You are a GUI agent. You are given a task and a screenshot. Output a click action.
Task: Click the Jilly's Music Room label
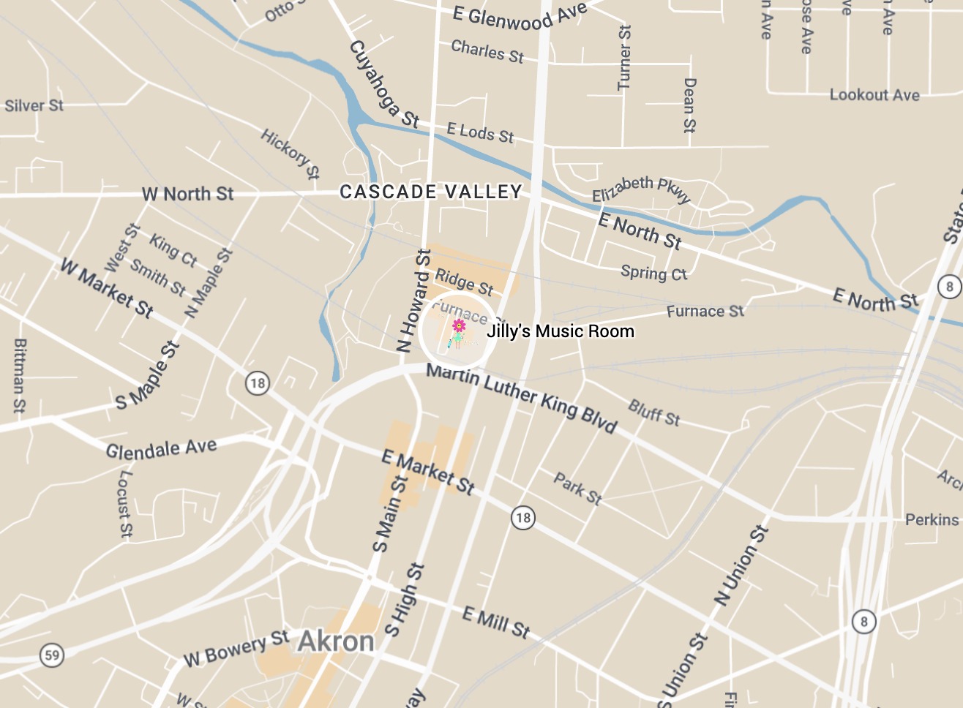pyautogui.click(x=561, y=331)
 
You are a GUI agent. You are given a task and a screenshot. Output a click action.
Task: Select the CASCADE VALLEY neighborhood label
pyautogui.click(x=431, y=192)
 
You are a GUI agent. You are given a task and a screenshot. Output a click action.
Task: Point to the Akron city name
pyautogui.click(x=337, y=641)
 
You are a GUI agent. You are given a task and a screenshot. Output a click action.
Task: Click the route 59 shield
pyautogui.click(x=52, y=655)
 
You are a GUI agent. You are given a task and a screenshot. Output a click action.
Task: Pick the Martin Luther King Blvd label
pyautogui.click(x=522, y=398)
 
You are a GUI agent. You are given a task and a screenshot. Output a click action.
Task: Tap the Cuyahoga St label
pyautogui.click(x=384, y=84)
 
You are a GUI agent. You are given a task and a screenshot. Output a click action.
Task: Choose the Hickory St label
pyautogui.click(x=291, y=154)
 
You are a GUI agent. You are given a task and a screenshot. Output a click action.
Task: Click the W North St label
pyautogui.click(x=187, y=194)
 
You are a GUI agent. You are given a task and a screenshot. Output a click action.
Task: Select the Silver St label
pyautogui.click(x=34, y=106)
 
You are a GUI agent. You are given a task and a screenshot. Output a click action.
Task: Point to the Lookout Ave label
pyautogui.click(x=874, y=95)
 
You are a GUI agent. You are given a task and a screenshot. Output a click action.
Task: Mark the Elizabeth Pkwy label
pyautogui.click(x=641, y=189)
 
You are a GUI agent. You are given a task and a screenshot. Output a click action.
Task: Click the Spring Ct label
pyautogui.click(x=653, y=273)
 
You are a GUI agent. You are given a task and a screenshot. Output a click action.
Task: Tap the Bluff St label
pyautogui.click(x=654, y=413)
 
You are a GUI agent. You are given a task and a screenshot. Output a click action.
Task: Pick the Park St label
pyautogui.click(x=577, y=489)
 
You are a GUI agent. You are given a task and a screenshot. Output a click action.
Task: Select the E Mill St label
pyautogui.click(x=496, y=622)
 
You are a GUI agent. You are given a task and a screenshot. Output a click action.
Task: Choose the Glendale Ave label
pyautogui.click(x=161, y=449)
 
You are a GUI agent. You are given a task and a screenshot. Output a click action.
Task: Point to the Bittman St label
pyautogui.click(x=20, y=375)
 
